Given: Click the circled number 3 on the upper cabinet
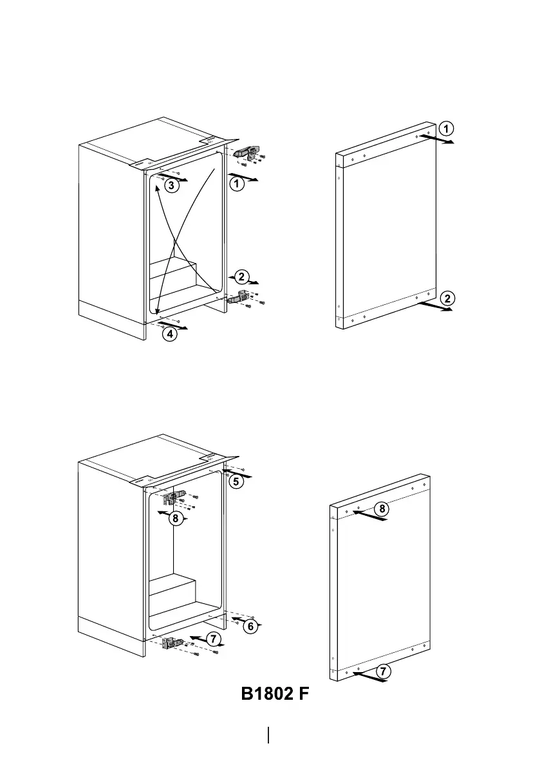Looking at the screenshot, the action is coord(169,185).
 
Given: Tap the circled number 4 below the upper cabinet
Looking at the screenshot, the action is coord(169,334).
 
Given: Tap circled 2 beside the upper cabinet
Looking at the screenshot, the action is coord(241,277).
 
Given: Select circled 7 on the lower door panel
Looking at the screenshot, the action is coord(383,671).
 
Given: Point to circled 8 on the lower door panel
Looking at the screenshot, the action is coord(382,509).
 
